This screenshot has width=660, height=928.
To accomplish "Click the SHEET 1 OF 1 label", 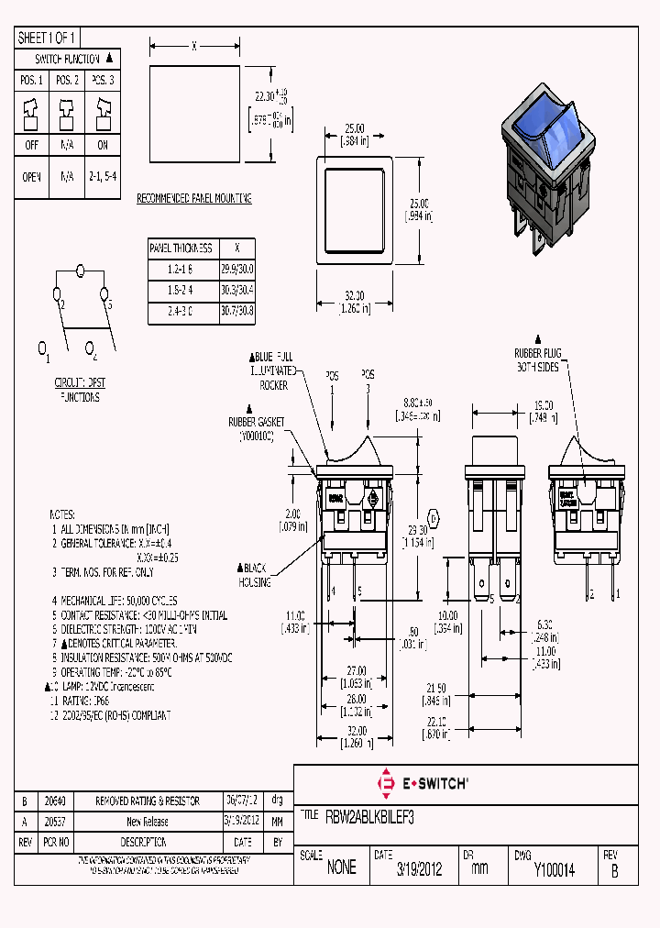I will pos(47,38).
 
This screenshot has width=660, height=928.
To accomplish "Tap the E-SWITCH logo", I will pos(423,783).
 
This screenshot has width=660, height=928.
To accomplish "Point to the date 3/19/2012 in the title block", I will pos(419,869).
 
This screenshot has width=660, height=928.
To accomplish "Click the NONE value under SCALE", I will pos(341,868).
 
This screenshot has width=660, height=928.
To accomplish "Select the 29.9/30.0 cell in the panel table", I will pos(237,269).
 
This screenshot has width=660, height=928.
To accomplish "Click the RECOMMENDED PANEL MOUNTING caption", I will pos(193,198).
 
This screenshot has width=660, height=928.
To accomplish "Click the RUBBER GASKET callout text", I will pos(257,427).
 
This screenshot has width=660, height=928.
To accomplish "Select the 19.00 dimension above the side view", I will pos(544,404).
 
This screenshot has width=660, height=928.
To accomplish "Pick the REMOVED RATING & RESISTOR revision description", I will pos(148,801).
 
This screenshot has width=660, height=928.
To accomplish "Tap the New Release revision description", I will pos(148,822).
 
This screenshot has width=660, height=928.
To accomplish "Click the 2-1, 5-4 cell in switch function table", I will pos(103,177).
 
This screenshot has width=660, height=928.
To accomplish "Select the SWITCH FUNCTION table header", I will pos(69,58).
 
